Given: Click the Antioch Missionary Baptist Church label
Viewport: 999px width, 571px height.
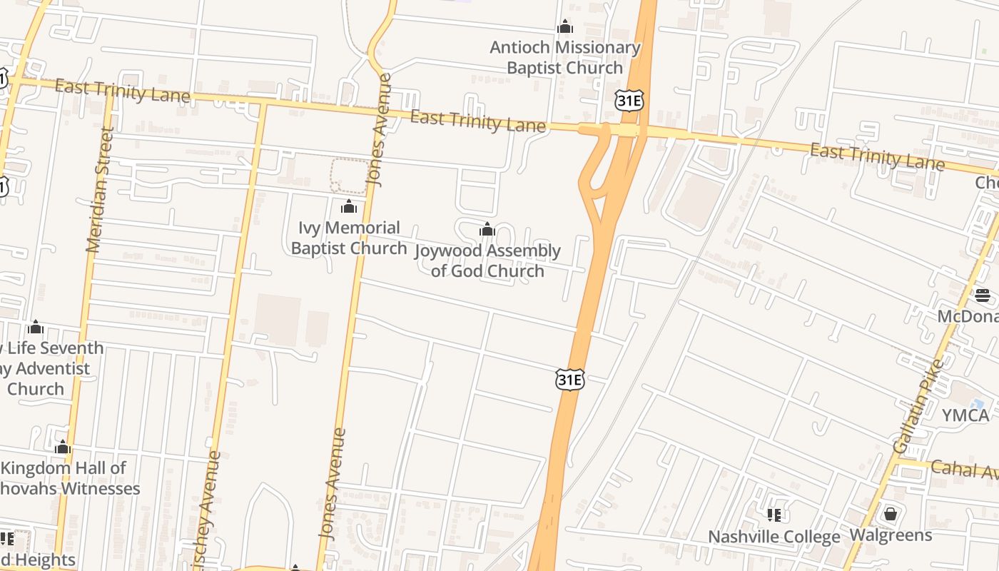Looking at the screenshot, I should click(564, 58).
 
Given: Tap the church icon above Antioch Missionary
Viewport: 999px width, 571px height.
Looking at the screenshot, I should click(565, 27).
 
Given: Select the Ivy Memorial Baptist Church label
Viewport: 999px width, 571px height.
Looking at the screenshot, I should click(349, 238).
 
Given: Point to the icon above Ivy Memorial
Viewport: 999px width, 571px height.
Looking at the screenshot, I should click(349, 207).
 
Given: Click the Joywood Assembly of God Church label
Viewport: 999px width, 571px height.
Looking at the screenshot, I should click(488, 261).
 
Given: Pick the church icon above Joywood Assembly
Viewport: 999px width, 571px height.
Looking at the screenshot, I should click(487, 229).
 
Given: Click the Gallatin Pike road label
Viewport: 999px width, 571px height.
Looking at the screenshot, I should click(918, 407).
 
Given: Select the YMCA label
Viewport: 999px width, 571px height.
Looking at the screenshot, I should click(965, 415).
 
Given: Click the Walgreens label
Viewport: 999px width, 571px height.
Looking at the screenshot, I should click(891, 535).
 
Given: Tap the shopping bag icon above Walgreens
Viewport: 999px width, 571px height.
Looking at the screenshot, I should click(891, 513).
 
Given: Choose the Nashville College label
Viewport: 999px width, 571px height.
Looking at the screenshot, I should click(774, 537).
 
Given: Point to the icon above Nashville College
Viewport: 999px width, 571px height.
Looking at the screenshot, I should click(774, 515).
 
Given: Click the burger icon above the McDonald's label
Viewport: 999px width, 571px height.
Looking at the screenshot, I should click(983, 295).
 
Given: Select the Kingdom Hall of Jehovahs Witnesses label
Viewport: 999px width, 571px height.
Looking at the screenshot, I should click(69, 478).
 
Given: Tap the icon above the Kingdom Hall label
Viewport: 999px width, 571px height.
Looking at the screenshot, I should click(63, 448).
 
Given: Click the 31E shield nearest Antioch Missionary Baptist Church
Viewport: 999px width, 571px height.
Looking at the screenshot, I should click(629, 101).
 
